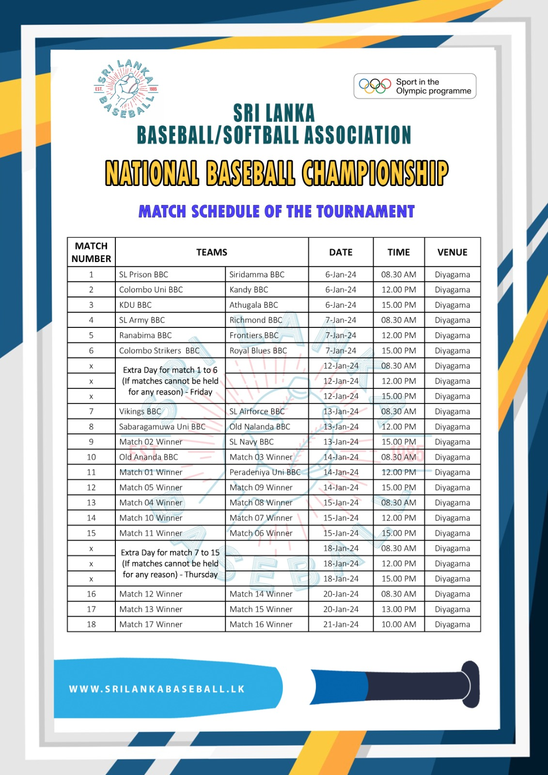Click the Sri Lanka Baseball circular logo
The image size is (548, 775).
pyautogui.click(x=126, y=89)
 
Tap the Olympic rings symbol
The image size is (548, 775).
pyautogui.click(x=375, y=86)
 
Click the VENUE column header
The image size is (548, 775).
pyautogui.click(x=452, y=252)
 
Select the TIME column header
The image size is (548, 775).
pyautogui.click(x=398, y=252)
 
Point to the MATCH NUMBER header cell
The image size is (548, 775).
pyautogui.click(x=91, y=252)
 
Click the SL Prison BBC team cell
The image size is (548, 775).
pyautogui.click(x=143, y=275)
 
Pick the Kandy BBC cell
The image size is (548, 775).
pyautogui.click(x=249, y=290)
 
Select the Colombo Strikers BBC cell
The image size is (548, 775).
pyautogui.click(x=159, y=351)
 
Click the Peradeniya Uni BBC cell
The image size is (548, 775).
pyautogui.click(x=265, y=472)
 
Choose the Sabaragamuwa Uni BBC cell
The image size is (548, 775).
pyautogui.click(x=162, y=427)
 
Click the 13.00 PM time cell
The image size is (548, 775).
pyautogui.click(x=398, y=609)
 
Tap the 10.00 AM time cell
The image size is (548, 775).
pyautogui.click(x=398, y=624)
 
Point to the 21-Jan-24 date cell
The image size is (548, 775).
pyautogui.click(x=341, y=624)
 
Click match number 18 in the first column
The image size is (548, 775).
pyautogui.click(x=91, y=624)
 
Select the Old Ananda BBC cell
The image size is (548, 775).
pyautogui.click(x=148, y=457)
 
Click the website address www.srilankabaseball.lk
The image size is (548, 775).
pyautogui.click(x=157, y=689)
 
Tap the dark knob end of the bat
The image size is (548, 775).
pyautogui.click(x=470, y=684)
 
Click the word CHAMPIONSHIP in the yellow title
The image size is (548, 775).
pyautogui.click(x=375, y=173)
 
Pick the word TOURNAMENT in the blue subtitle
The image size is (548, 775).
pyautogui.click(x=365, y=212)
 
